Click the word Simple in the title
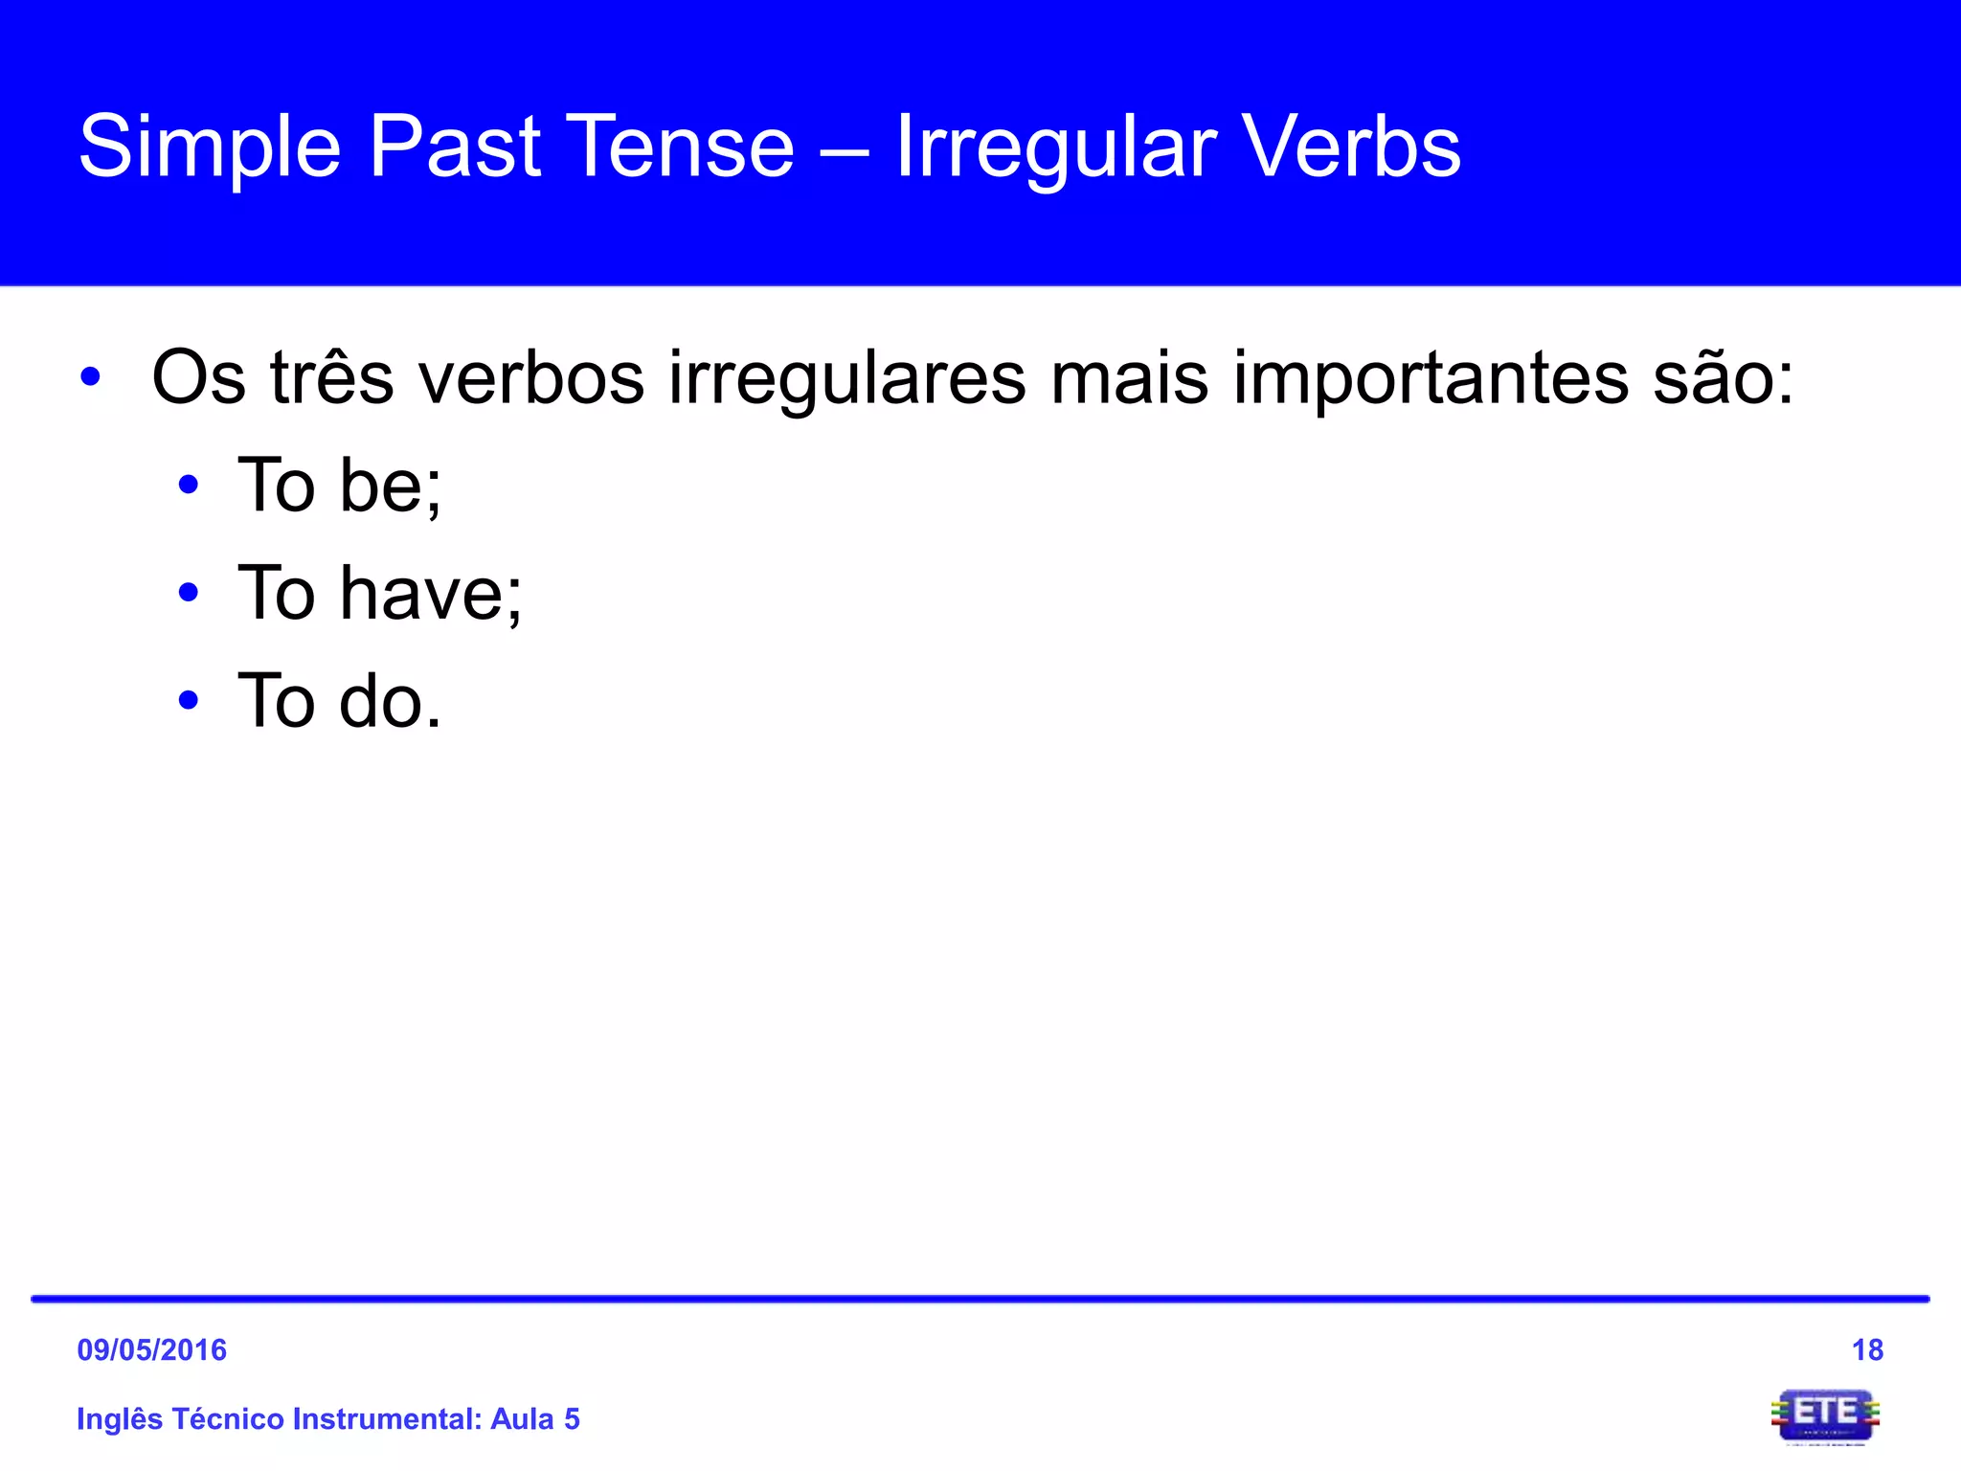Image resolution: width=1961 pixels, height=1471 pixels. pos(209,148)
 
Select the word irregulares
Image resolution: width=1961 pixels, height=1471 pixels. pos(846,379)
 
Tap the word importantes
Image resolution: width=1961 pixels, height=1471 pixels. pos(1431,379)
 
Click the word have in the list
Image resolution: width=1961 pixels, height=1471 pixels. pos(431,594)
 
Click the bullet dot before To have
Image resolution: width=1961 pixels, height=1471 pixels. pos(189,593)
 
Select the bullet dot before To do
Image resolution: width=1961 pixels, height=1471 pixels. pos(189,700)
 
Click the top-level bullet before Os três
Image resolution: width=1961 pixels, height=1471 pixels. pos(91,377)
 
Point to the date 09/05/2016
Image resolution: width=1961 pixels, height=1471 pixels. pos(151,1349)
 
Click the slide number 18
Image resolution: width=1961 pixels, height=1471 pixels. pos(1867,1349)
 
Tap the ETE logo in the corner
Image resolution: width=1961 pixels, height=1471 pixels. pos(1825,1415)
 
